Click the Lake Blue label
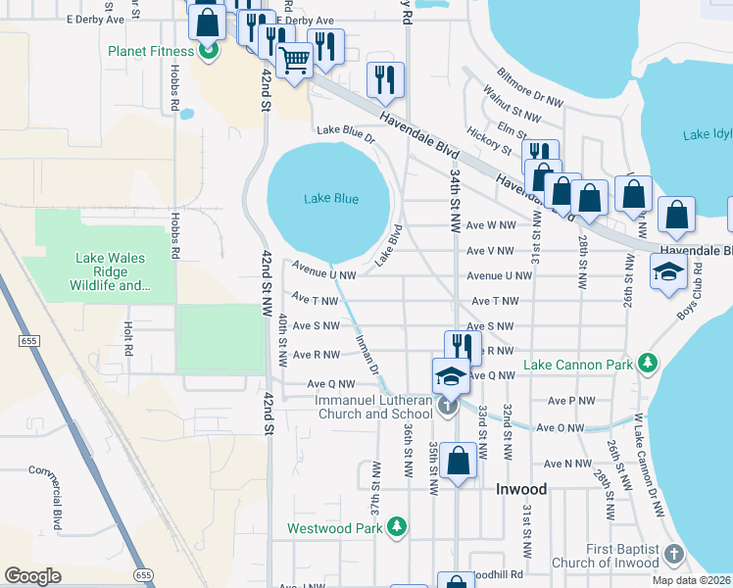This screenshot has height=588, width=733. [330, 199]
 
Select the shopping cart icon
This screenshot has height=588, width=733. [294, 61]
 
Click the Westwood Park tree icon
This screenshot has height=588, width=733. [397, 528]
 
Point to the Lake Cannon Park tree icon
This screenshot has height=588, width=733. [647, 365]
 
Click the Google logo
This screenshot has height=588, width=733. [32, 575]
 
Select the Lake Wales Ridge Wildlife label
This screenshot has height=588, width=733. [111, 272]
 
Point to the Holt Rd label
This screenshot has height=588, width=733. [127, 341]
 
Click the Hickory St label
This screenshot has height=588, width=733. [491, 141]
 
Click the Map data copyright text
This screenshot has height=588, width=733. [693, 580]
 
